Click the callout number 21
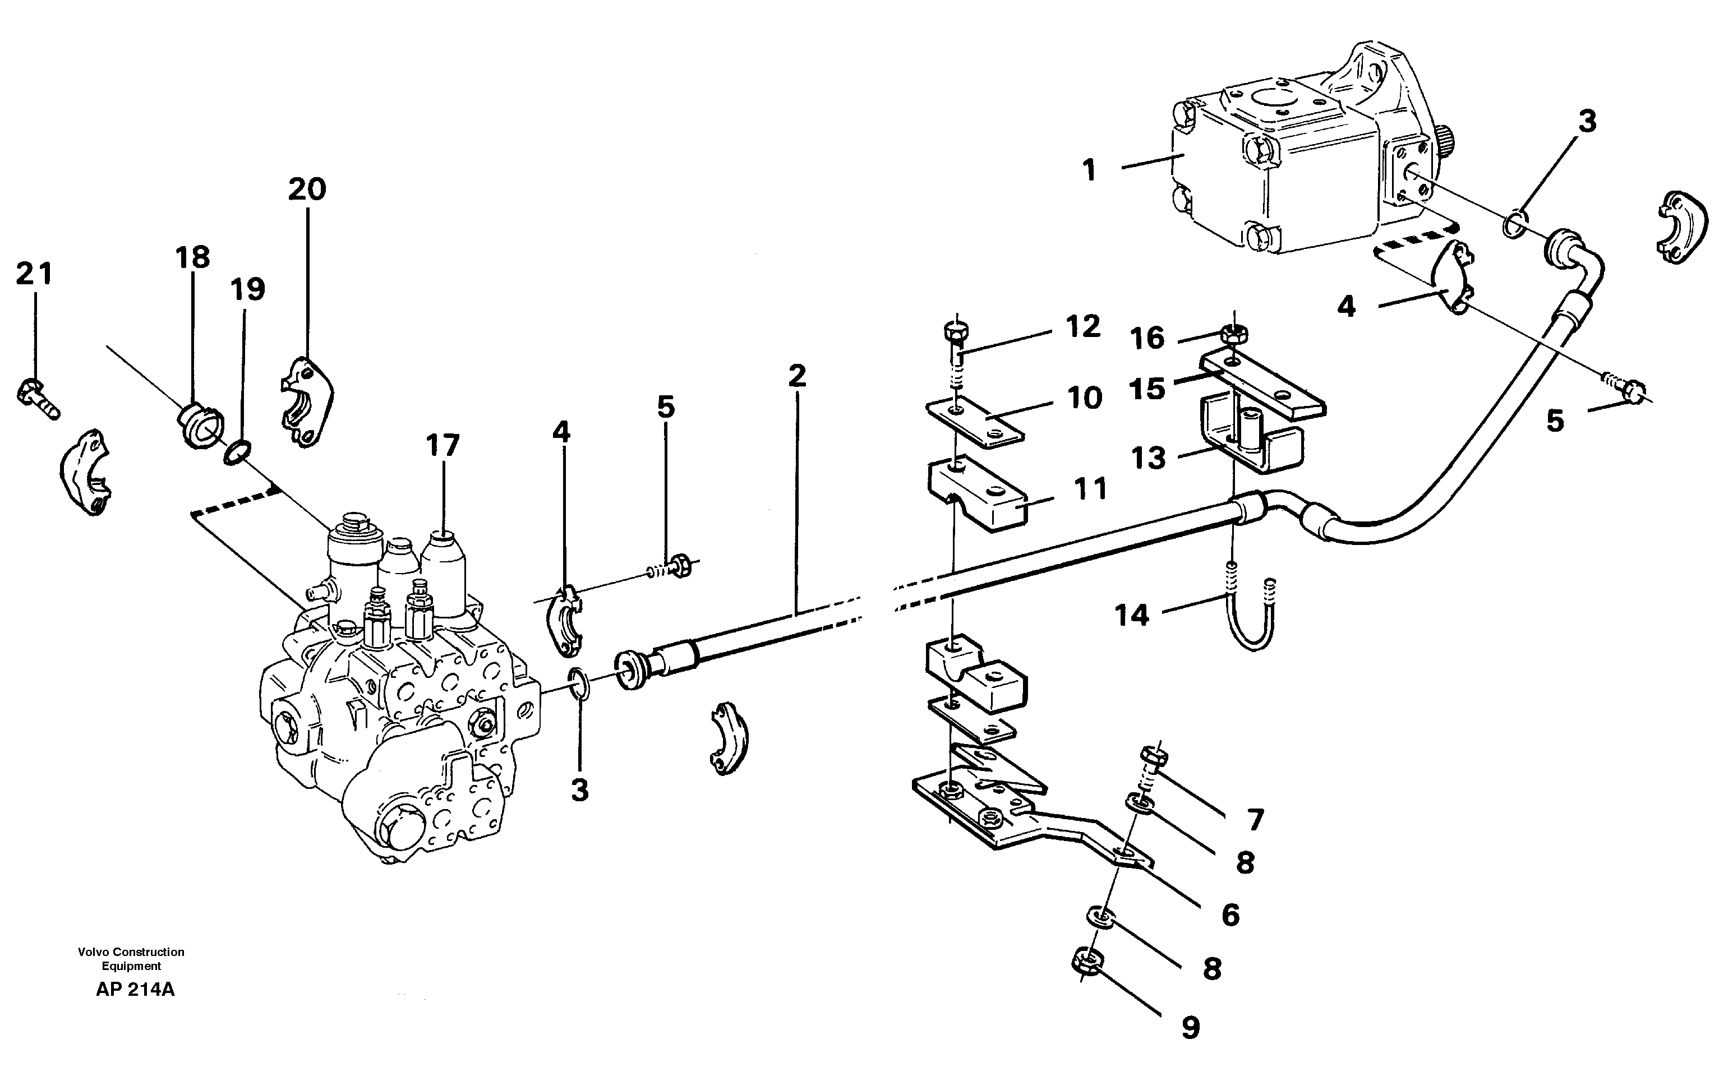[34, 274]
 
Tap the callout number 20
[307, 189]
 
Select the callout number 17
[443, 446]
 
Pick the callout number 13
[1148, 458]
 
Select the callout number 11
[1090, 489]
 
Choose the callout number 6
[1230, 916]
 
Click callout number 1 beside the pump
[1089, 170]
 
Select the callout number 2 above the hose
[798, 376]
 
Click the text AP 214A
[135, 990]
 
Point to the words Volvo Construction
[131, 952]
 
